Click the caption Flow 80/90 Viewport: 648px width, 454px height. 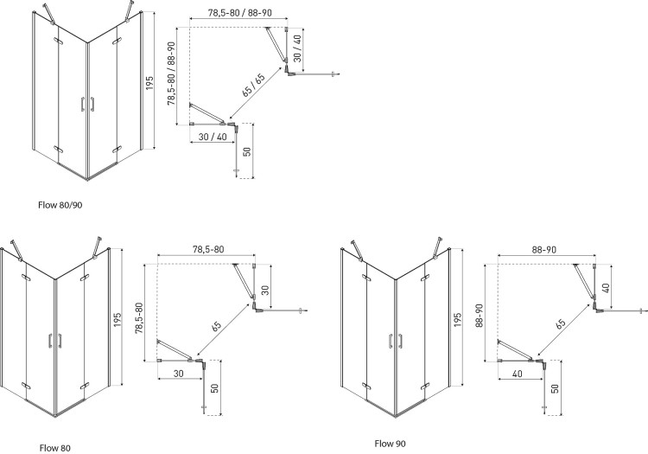tap(60, 205)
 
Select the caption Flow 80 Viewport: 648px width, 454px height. tap(54, 448)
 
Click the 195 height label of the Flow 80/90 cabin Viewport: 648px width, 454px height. tap(149, 82)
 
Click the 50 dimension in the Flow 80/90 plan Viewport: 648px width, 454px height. tap(247, 152)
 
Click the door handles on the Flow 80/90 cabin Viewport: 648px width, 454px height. tap(86, 105)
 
